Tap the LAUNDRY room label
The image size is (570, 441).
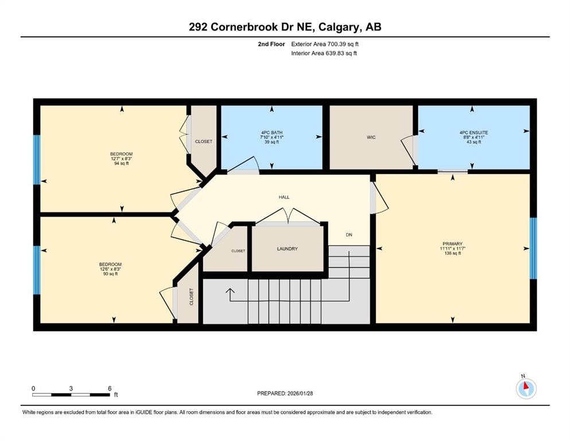(287, 249)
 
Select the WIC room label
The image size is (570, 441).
(371, 137)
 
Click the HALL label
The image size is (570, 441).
(284, 197)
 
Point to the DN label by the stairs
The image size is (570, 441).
(348, 234)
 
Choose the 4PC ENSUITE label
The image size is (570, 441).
(474, 133)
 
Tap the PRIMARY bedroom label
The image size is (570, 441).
(452, 243)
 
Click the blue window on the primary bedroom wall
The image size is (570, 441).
(533, 247)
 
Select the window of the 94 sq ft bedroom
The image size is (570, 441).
(37, 160)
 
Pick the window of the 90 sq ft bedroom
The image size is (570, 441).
(37, 270)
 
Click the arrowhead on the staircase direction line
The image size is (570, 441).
(230, 291)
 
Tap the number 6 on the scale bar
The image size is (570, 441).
(109, 388)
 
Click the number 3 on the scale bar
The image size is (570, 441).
(71, 388)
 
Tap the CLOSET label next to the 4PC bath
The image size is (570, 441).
(203, 141)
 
